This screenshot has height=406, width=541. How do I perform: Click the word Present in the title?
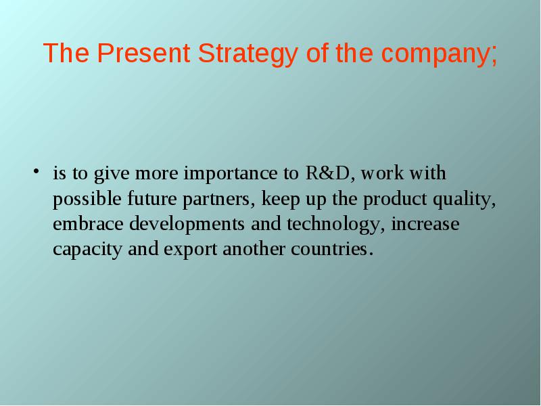[x=143, y=53]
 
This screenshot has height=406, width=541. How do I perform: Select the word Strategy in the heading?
[x=248, y=54]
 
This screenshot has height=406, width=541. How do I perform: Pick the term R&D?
[x=327, y=173]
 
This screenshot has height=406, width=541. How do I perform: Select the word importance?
[x=231, y=173]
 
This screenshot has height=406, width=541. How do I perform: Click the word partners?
[x=216, y=200]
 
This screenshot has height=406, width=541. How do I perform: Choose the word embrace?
[x=88, y=224]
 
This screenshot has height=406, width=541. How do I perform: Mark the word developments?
[x=187, y=225]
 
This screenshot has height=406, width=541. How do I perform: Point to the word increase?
[x=425, y=224]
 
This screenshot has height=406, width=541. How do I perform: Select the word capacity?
[x=87, y=250]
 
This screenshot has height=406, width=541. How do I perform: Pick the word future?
[x=151, y=198]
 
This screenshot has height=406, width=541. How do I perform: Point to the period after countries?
[x=371, y=254]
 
